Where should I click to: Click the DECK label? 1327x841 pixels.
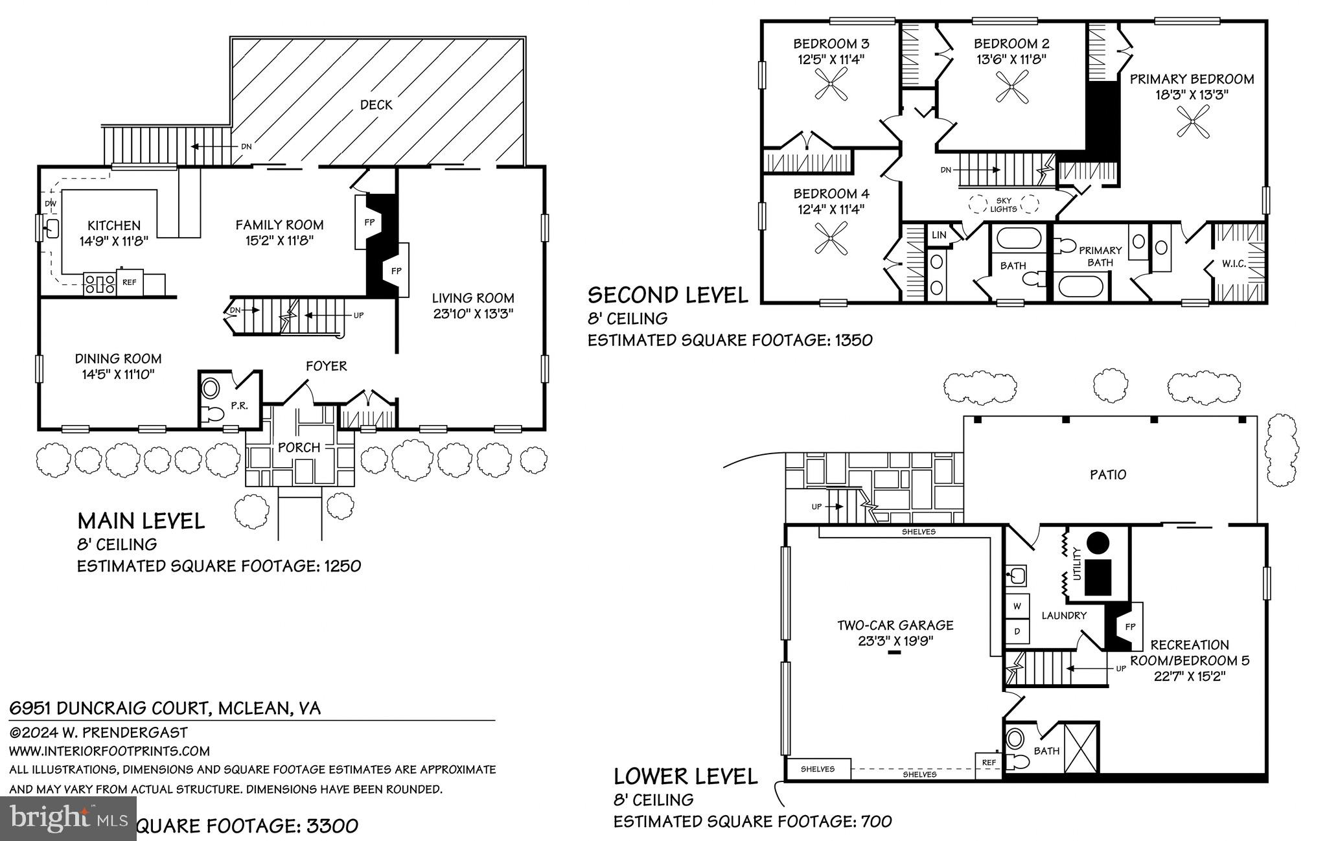[x=376, y=105]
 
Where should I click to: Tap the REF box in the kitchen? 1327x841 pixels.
[x=129, y=282]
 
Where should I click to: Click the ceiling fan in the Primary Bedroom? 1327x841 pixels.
[x=1194, y=122]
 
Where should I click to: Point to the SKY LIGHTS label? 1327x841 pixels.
[x=1003, y=205]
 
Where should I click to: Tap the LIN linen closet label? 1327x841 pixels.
[x=939, y=235]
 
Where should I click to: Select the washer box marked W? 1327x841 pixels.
[x=1017, y=606]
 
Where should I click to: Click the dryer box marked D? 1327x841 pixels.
[x=1017, y=630]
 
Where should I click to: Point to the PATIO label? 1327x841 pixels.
[x=1108, y=475]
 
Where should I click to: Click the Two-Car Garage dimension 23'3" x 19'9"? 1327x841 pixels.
[x=895, y=641]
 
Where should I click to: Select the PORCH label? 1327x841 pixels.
[x=299, y=448]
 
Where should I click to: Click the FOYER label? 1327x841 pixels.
[x=327, y=366]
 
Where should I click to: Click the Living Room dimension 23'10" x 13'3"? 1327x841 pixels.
[x=473, y=314]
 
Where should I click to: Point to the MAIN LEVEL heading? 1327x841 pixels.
[x=141, y=521]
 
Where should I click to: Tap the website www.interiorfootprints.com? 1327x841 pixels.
[x=110, y=751]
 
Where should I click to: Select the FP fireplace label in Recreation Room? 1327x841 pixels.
[x=1131, y=627]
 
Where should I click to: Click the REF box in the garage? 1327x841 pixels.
[x=989, y=763]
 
